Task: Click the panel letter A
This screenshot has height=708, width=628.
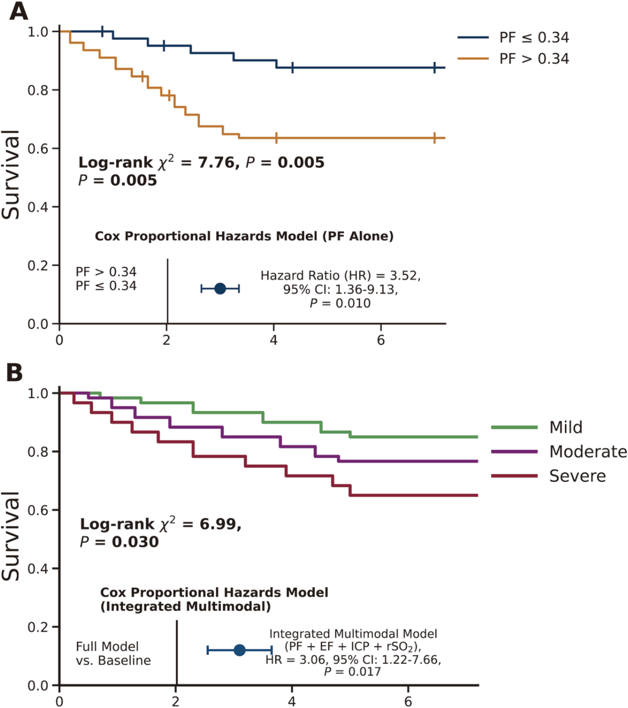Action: (x=19, y=12)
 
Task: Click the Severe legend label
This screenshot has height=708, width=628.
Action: (x=578, y=476)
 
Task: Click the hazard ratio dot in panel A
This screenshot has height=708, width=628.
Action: (x=220, y=288)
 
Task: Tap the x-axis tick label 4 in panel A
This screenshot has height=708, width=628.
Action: (x=274, y=340)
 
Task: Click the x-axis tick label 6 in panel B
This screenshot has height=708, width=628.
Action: (x=408, y=702)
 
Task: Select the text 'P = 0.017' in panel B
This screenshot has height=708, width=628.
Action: (x=352, y=672)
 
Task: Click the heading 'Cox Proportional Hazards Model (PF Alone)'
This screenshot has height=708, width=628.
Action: (x=244, y=236)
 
